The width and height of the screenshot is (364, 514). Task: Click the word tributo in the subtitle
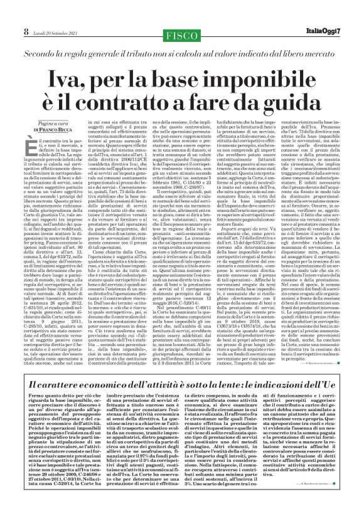click(x=147, y=36)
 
